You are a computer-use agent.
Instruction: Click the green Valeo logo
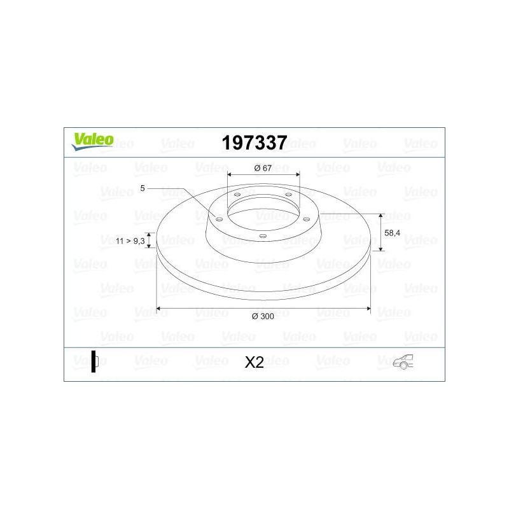pyautogui.click(x=92, y=142)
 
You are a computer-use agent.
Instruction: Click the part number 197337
pyautogui.click(x=254, y=143)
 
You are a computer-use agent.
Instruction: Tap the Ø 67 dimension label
pyautogui.click(x=263, y=168)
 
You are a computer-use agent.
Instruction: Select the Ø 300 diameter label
pyautogui.click(x=263, y=316)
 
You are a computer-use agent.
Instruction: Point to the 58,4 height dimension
pyautogui.click(x=392, y=233)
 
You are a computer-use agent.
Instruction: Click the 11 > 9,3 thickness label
pyautogui.click(x=130, y=241)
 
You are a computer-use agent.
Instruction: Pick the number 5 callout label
pyautogui.click(x=142, y=188)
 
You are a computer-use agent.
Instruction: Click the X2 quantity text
pyautogui.click(x=254, y=362)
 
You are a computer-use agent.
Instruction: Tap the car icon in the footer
pyautogui.click(x=403, y=361)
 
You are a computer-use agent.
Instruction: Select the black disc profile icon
pyautogui.click(x=94, y=361)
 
